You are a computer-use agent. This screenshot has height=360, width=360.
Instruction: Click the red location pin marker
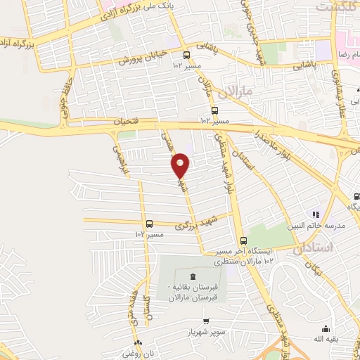click(x=181, y=166)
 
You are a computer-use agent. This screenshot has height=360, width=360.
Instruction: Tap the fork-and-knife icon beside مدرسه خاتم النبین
click(x=316, y=214)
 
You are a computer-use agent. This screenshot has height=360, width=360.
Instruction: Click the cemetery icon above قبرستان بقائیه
click(x=193, y=274)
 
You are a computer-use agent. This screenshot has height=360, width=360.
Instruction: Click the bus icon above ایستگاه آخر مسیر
click(x=243, y=240)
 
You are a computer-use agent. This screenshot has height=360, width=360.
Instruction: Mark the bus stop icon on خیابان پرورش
click(x=186, y=55)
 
